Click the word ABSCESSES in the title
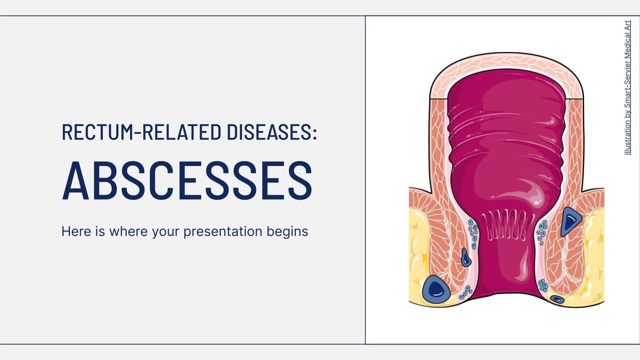(x=187, y=181)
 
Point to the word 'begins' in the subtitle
(x=291, y=232)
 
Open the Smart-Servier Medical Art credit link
(x=628, y=88)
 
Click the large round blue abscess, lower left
(x=436, y=288)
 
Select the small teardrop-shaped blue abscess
(x=466, y=258)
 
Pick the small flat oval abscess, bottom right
(x=557, y=299)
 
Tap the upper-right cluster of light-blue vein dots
(x=542, y=231)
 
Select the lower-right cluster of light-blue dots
(x=543, y=286)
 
